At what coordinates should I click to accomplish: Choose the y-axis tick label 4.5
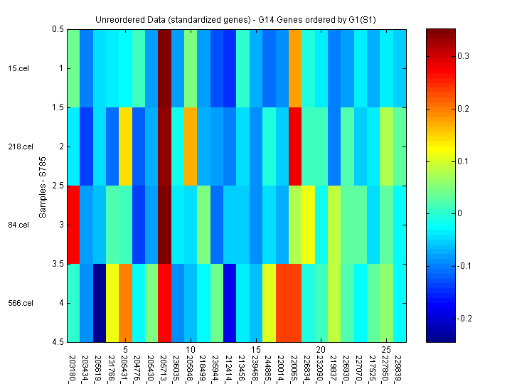58,342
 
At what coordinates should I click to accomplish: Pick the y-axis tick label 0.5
58,29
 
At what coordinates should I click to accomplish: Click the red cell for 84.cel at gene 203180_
73,225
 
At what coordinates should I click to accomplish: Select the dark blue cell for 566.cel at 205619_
99,303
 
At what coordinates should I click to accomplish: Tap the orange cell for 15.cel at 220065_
295,68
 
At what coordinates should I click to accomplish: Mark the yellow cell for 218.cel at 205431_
125,146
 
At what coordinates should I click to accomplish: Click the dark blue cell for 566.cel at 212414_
230,303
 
